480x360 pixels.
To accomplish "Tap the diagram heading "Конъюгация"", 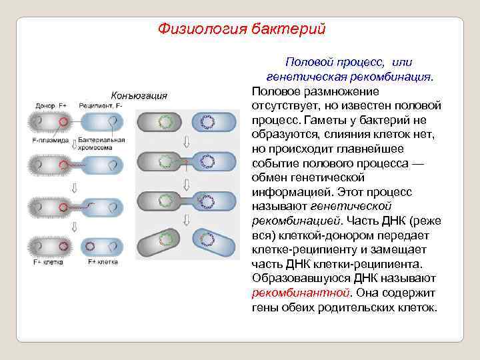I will click(x=139, y=95).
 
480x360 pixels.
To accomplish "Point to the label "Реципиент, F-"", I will click(x=100, y=106).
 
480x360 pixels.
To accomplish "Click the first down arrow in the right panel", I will click(x=187, y=141).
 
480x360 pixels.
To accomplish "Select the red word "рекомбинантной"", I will click(x=292, y=293).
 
